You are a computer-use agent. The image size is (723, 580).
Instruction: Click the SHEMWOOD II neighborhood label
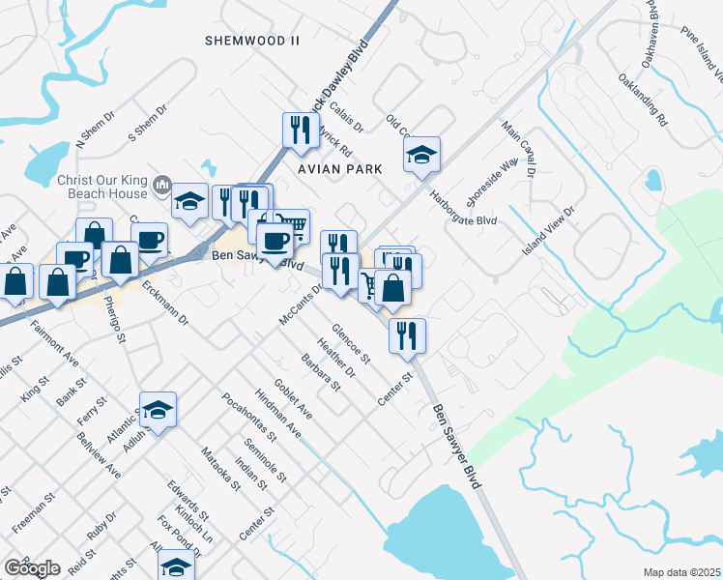pos(253,40)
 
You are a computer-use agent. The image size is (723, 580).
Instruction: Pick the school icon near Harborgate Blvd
pos(420,154)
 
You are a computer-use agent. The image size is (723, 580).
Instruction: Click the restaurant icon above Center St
pos(407,334)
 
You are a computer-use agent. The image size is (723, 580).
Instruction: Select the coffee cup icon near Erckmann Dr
pos(149,239)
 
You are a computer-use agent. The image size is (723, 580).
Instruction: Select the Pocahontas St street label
pos(249,417)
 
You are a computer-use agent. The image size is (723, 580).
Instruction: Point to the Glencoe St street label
pos(351,343)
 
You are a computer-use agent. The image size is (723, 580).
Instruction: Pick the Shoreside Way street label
pos(486,184)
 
